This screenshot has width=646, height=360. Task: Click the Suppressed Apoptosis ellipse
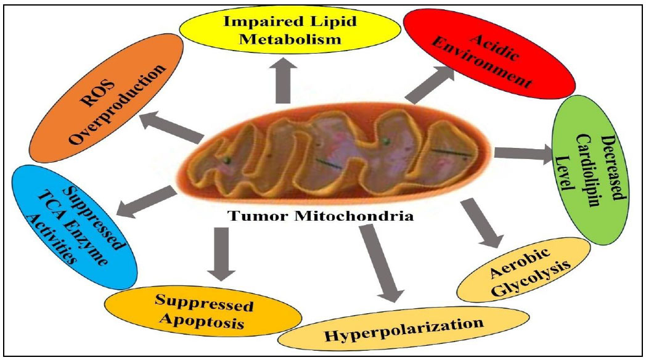click(203, 311)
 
